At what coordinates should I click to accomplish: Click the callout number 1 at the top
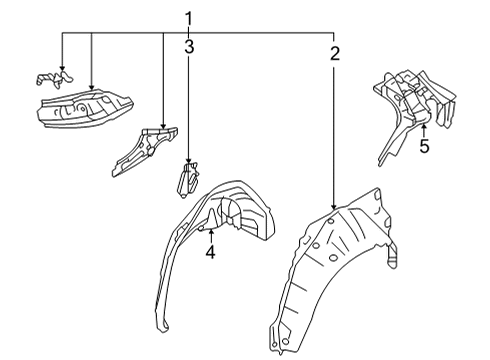[189, 19]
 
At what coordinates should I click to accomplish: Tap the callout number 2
[335, 53]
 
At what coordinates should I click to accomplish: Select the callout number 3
[189, 47]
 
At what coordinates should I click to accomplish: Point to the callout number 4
[210, 252]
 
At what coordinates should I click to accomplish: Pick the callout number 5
[424, 146]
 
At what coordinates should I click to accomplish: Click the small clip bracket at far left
[54, 79]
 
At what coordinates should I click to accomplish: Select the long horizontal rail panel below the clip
[85, 107]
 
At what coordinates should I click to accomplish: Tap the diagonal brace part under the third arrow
[144, 152]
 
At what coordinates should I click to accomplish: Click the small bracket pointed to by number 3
[188, 180]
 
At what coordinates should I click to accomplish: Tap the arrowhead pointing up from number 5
[424, 126]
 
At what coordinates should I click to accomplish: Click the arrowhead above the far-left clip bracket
[62, 68]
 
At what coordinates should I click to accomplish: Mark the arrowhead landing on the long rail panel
[91, 87]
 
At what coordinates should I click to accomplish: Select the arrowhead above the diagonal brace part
[163, 126]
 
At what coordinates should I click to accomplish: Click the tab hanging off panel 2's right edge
[392, 257]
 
